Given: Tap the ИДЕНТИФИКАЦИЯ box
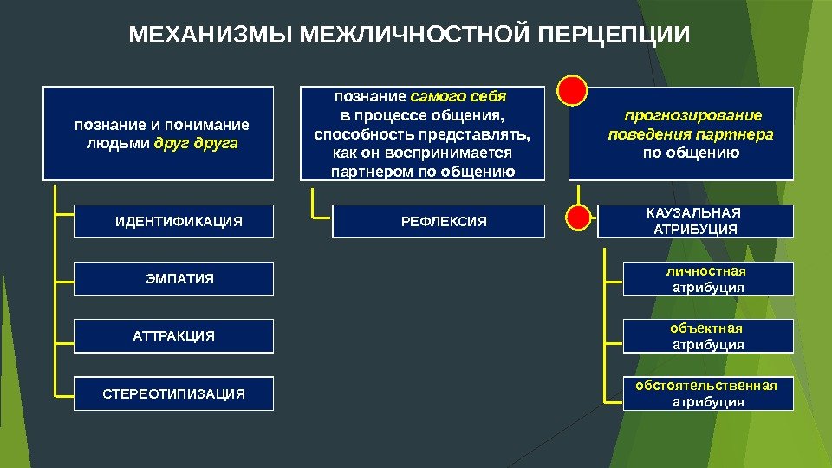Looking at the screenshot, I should pyautogui.click(x=179, y=222).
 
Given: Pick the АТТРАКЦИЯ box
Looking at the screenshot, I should pyautogui.click(x=174, y=336).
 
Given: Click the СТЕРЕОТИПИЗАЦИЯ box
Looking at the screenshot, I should pyautogui.click(x=174, y=393).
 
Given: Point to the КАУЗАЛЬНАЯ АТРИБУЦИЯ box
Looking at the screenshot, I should pyautogui.click(x=694, y=221).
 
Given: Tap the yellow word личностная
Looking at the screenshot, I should pyautogui.click(x=708, y=271).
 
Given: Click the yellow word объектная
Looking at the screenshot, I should pyautogui.click(x=706, y=328).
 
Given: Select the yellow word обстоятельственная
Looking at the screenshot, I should pyautogui.click(x=706, y=386).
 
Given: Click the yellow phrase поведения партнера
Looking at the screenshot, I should pyautogui.click(x=691, y=134).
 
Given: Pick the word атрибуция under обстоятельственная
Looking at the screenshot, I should pyautogui.click(x=708, y=402).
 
